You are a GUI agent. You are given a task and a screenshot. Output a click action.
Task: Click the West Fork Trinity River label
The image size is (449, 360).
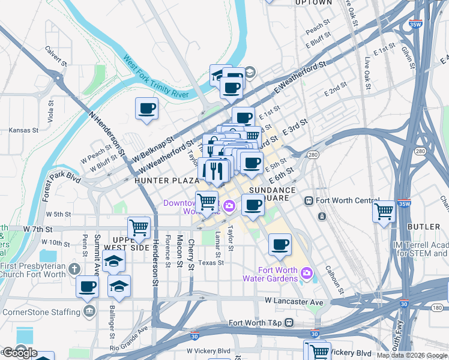(x=156, y=77)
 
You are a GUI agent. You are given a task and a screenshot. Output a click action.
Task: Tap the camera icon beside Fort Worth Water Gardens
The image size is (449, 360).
(x=307, y=273)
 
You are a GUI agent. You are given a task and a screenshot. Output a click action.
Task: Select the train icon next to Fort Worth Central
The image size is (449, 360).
(x=308, y=201)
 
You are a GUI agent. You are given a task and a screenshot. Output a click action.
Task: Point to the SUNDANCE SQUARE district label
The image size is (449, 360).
(x=273, y=194)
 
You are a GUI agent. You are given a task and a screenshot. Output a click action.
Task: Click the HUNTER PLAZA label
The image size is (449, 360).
(x=167, y=180)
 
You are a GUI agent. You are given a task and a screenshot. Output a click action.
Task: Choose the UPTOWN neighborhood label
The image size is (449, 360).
(x=313, y=3)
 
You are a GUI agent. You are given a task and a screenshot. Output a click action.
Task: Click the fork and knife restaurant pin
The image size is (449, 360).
(x=217, y=170)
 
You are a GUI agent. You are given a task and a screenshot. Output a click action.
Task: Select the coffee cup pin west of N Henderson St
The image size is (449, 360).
(x=147, y=109)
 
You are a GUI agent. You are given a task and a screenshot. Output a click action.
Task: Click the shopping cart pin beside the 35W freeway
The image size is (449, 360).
(x=384, y=211)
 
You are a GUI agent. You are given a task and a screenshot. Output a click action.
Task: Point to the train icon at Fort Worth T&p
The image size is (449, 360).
(x=289, y=323)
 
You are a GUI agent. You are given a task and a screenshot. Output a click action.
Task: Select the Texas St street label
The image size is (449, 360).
(x=211, y=262)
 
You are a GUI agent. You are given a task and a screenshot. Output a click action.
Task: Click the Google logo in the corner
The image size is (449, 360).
(x=20, y=353)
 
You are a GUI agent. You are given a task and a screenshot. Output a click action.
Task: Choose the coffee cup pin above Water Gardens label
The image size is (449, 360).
(x=279, y=244)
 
